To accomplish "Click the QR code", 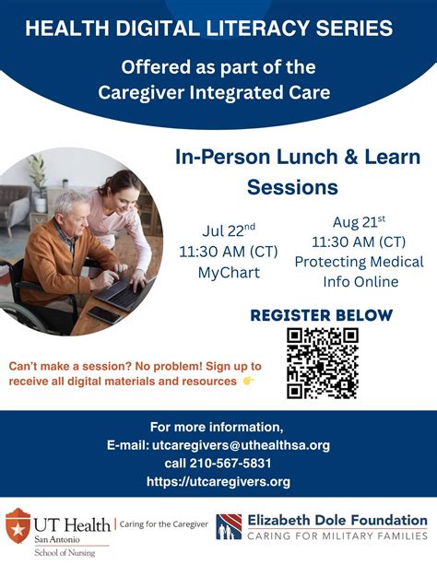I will point(322,363).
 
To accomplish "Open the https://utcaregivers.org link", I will point(218,481).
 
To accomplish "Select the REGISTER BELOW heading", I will point(321,315).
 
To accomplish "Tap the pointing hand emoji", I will point(249,381).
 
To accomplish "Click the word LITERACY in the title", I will point(215,29).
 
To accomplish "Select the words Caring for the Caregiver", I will point(159,524).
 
